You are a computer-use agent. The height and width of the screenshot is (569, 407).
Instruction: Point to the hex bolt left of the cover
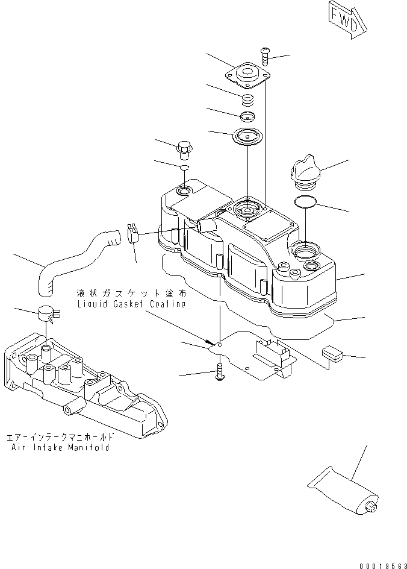[184, 148]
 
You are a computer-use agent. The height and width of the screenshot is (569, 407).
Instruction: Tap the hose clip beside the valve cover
[134, 234]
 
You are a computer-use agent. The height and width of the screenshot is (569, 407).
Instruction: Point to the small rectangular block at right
[332, 353]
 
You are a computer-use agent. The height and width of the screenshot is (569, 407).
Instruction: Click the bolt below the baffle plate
[219, 372]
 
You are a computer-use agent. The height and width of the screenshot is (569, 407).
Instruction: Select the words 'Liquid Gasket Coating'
[131, 304]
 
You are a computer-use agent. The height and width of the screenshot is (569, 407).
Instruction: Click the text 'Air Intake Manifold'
[61, 448]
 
